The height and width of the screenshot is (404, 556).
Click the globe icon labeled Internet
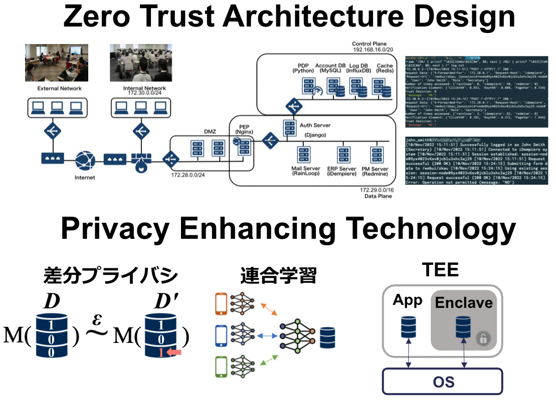[x=85, y=161]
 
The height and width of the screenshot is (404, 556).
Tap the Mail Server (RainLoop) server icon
[x=302, y=154]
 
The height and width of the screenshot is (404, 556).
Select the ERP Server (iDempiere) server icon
[x=343, y=154]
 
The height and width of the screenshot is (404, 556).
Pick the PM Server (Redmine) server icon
[x=377, y=154]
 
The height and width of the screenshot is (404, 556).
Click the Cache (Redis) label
[x=385, y=69]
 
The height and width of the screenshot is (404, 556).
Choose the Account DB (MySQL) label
[x=330, y=69]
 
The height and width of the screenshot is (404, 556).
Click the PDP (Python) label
[x=302, y=69]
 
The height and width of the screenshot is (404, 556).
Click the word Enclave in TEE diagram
[x=463, y=303]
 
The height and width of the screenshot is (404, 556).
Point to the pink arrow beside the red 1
[x=174, y=353]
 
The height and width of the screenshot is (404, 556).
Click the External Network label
[x=60, y=89]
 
